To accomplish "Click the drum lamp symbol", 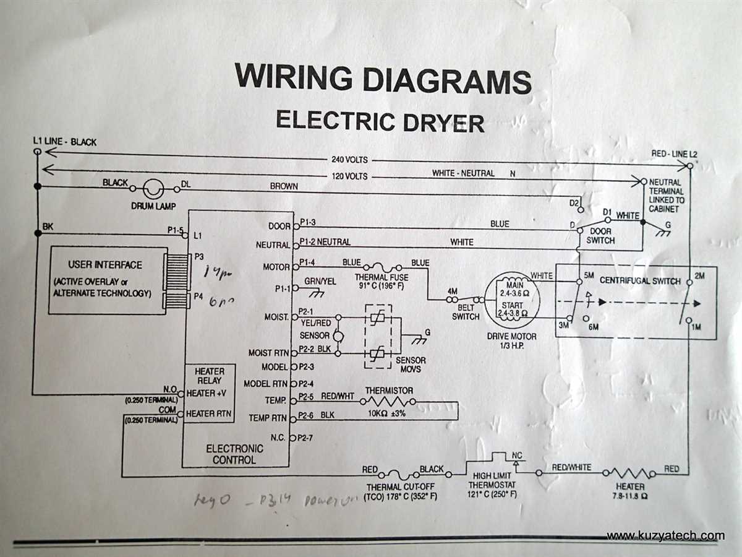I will pyautogui.click(x=153, y=188).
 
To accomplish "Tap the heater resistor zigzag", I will pyautogui.click(x=629, y=472).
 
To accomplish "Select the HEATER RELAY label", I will pyautogui.click(x=209, y=376).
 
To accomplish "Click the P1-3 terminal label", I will pyautogui.click(x=307, y=222).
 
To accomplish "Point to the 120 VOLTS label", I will pyautogui.click(x=350, y=176).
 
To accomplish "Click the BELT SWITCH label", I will pyautogui.click(x=465, y=312).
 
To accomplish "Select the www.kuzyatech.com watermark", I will pyautogui.click(x=665, y=535).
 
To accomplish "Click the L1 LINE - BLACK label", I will pyautogui.click(x=64, y=142).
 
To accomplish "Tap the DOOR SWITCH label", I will pyautogui.click(x=600, y=235).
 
